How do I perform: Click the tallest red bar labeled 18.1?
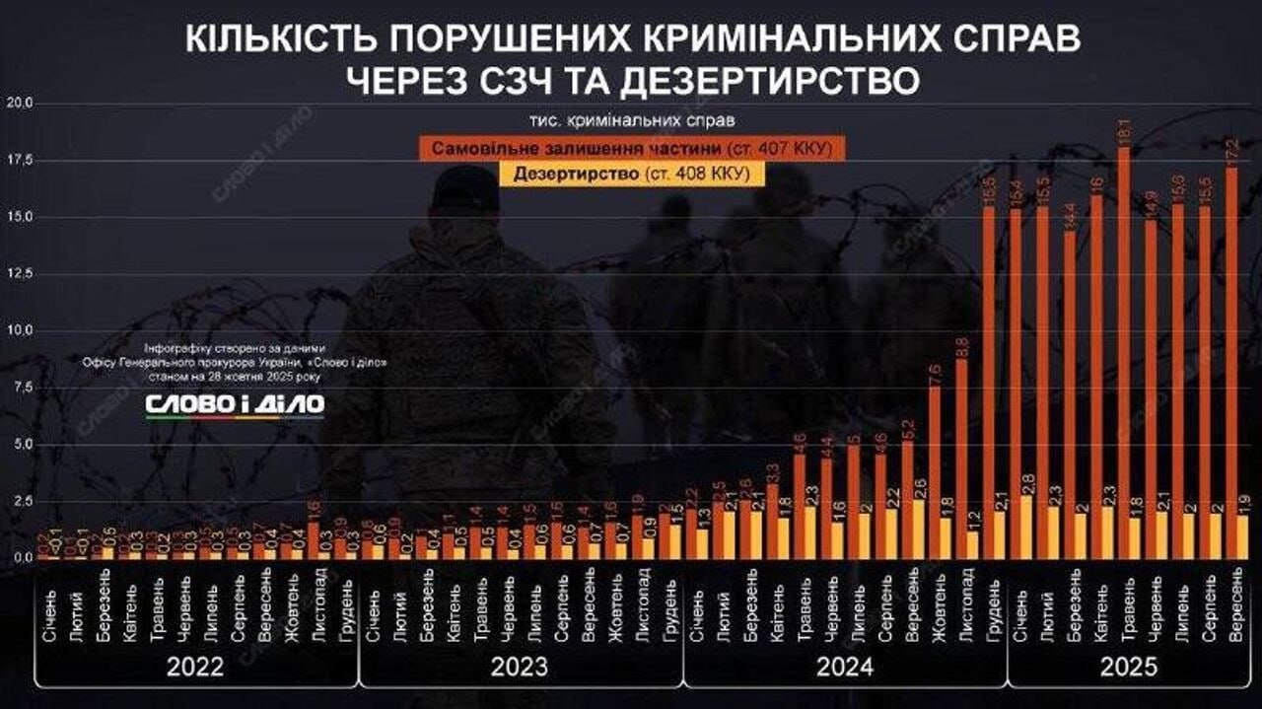coord(1124,355)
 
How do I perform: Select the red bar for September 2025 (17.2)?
coord(1231,365)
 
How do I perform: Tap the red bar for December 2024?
coord(988,385)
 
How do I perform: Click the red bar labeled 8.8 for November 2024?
coord(961,459)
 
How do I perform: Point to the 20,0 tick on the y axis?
coord(20,103)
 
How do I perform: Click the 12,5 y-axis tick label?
coord(20,273)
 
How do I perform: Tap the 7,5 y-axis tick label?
coord(20,387)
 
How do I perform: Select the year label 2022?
coord(195,668)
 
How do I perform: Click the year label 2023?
coord(520,668)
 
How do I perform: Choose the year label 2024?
coord(844,668)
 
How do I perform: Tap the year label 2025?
coord(1128,668)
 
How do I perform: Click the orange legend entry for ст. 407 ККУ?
coord(631,149)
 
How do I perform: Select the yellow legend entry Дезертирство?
coord(631,174)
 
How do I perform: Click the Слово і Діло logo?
coord(235,404)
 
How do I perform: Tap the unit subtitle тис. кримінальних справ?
coord(631,121)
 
